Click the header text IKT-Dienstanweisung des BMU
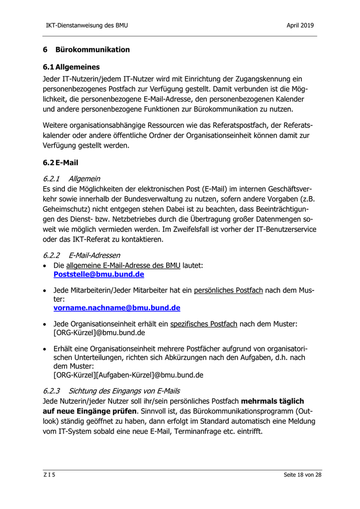86,25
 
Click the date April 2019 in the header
300,25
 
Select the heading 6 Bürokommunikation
86,50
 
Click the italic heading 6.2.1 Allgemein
71,178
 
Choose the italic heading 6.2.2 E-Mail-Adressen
82,254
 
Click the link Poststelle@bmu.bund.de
95,275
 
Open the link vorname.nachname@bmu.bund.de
117,308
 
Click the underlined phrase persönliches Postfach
228,290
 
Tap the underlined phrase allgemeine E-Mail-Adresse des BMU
123,265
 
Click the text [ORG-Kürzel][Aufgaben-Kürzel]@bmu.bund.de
128,375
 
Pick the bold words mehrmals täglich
273,401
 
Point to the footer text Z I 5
49,475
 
